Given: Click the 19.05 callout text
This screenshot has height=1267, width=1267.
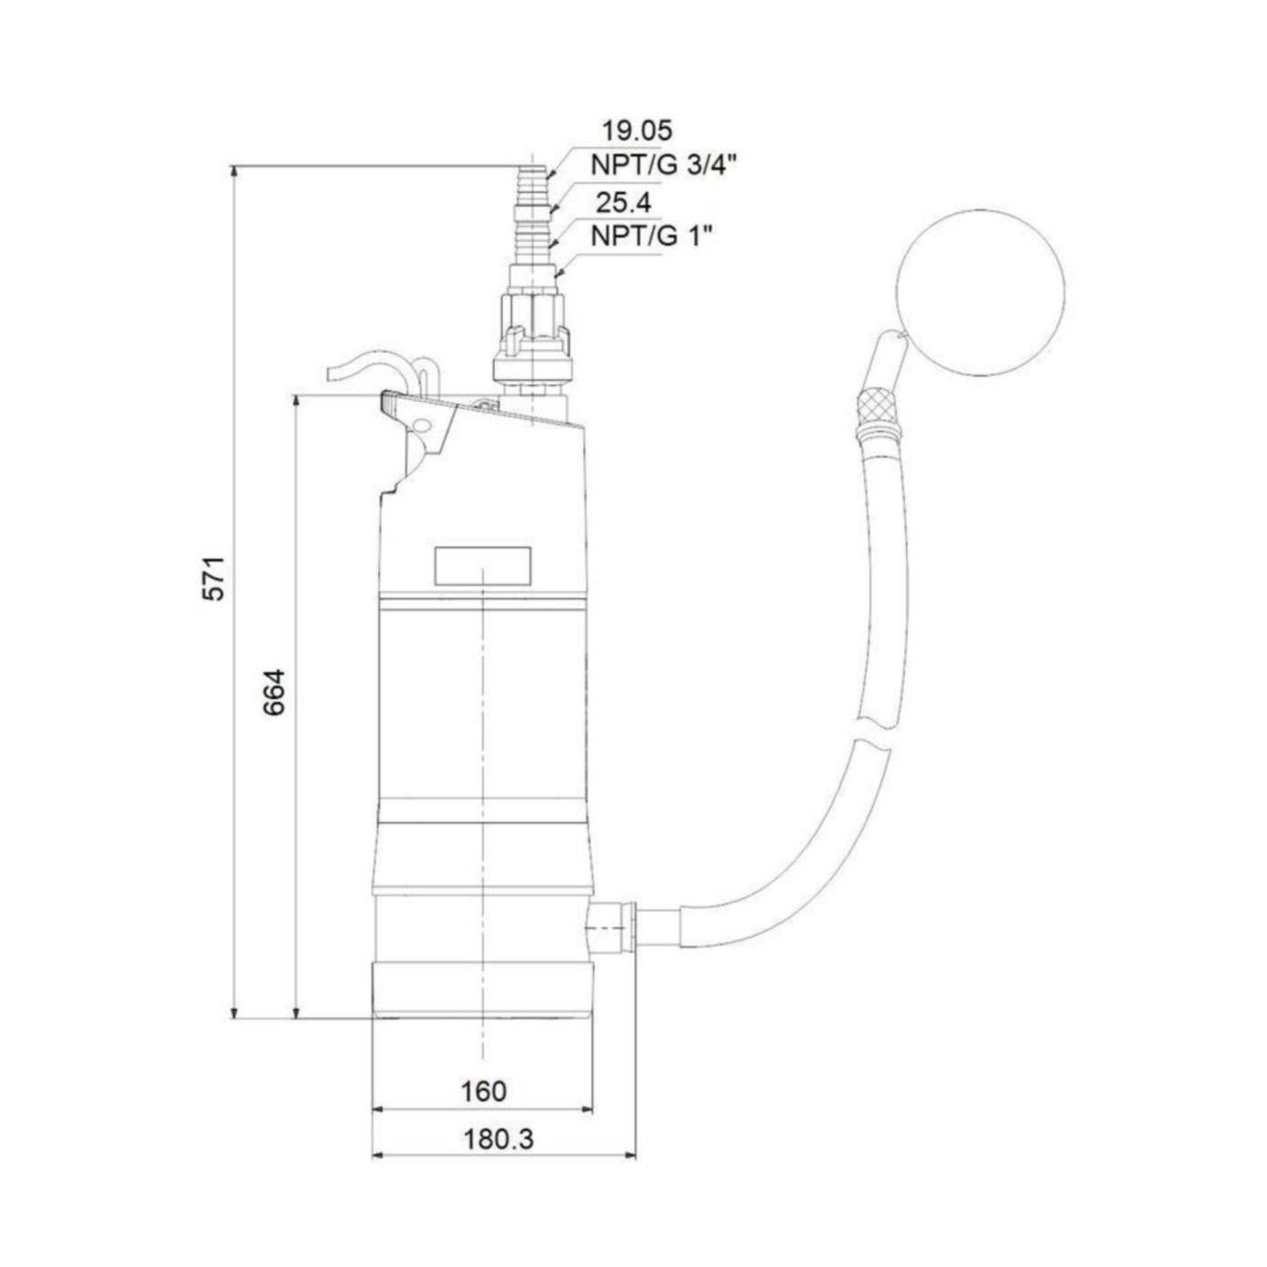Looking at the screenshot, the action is click(637, 130).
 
